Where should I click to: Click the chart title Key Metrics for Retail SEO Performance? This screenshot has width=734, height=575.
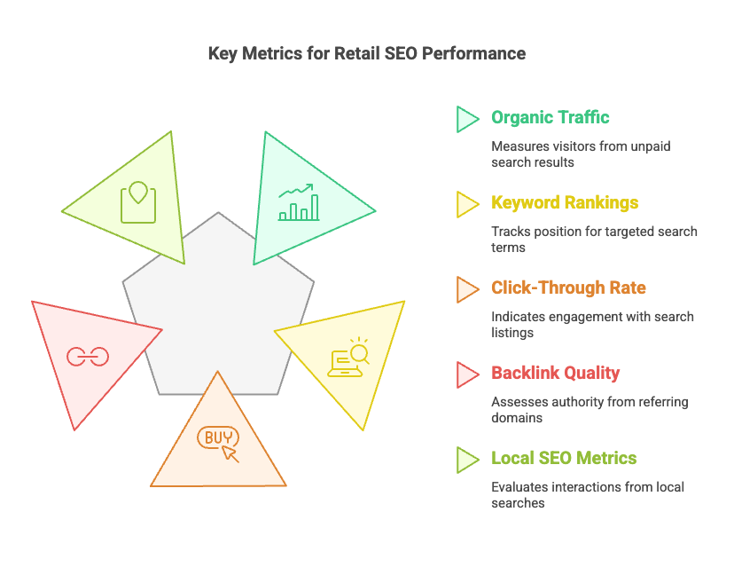click(366, 54)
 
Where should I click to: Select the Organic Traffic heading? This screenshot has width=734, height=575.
click(550, 118)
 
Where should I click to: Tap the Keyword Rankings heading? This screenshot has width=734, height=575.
click(565, 203)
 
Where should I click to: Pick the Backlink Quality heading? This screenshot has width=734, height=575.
click(555, 374)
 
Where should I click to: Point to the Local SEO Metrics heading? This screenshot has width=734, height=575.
click(564, 459)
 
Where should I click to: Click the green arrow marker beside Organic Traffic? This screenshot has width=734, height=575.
click(466, 119)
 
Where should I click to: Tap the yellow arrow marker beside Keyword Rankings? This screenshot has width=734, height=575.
click(466, 204)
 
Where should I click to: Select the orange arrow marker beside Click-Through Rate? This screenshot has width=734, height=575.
click(466, 289)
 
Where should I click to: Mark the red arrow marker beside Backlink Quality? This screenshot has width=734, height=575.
click(466, 374)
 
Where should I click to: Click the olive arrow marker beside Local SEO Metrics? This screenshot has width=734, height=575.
click(466, 460)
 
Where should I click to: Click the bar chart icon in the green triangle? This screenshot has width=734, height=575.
click(299, 202)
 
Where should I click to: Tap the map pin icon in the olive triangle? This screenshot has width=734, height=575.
click(138, 202)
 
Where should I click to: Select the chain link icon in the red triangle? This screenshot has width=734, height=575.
click(88, 356)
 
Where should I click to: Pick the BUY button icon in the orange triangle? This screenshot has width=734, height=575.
click(218, 440)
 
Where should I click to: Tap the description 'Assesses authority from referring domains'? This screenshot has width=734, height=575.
click(590, 410)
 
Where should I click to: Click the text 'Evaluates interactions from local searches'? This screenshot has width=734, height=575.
click(588, 495)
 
